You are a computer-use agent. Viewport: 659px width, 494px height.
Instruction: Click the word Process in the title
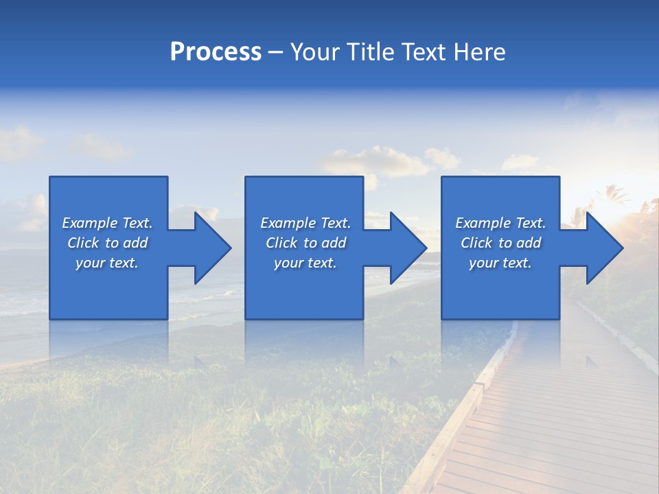click(x=216, y=52)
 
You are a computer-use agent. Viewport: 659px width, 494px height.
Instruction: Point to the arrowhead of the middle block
click(x=407, y=248)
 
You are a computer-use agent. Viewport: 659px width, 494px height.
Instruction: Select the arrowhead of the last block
click(x=603, y=248)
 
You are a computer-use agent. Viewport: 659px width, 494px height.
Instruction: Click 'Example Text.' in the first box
click(x=107, y=223)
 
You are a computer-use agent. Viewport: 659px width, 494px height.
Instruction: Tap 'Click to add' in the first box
click(x=107, y=243)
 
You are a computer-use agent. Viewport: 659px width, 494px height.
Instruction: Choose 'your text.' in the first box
click(x=107, y=263)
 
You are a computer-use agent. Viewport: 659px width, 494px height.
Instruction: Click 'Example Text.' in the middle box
click(x=305, y=223)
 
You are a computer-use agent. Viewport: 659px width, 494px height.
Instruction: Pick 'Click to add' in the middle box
click(x=305, y=243)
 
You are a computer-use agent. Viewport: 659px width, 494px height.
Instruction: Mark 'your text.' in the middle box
click(x=305, y=263)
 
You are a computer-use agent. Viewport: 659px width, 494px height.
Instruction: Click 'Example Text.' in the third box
click(x=500, y=223)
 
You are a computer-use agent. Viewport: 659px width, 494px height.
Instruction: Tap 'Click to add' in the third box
click(x=500, y=243)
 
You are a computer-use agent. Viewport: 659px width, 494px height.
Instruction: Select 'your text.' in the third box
click(x=500, y=263)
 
